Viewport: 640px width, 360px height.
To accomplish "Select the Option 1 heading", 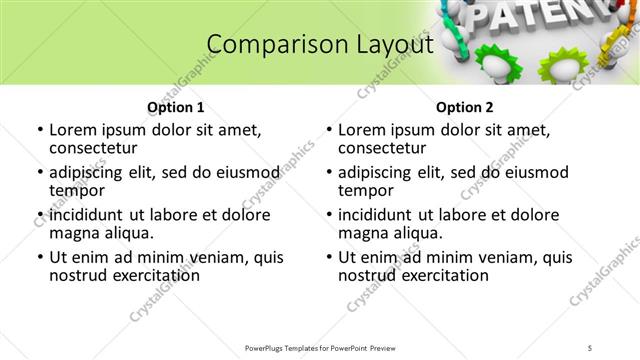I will tap(175, 107).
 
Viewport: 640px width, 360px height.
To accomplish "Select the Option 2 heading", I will tap(464, 107).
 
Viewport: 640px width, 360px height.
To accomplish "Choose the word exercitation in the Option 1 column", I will tap(144, 275).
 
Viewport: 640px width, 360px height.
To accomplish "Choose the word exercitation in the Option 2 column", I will tap(433, 275).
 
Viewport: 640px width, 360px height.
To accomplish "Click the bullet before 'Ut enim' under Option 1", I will tap(39, 257).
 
